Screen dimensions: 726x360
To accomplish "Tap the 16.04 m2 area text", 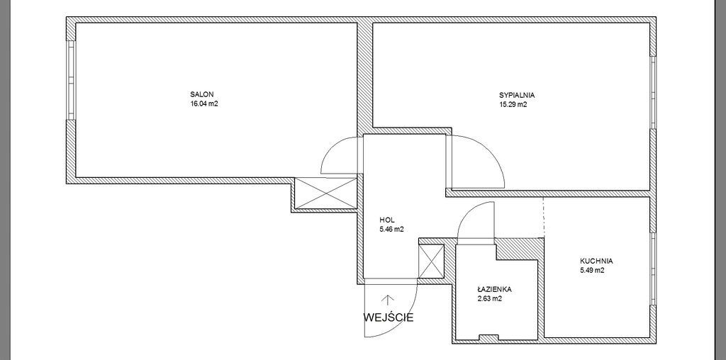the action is point(203,104).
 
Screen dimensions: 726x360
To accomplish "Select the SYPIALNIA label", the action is point(517,95).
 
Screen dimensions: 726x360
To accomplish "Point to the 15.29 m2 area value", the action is point(513,105).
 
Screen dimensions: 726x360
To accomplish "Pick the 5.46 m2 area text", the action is point(391,229).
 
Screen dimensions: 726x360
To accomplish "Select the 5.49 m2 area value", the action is point(592,271).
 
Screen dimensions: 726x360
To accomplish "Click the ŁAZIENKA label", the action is point(494,289).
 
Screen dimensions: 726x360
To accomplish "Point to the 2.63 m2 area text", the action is point(490,299).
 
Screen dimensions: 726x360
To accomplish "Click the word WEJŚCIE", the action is point(389,317).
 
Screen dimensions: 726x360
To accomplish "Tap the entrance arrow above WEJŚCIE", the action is point(385,300).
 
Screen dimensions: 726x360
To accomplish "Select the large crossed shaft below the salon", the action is point(325,193).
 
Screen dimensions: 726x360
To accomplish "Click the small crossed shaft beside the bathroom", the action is point(431,261).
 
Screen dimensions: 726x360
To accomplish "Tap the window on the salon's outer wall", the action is point(71,81).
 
